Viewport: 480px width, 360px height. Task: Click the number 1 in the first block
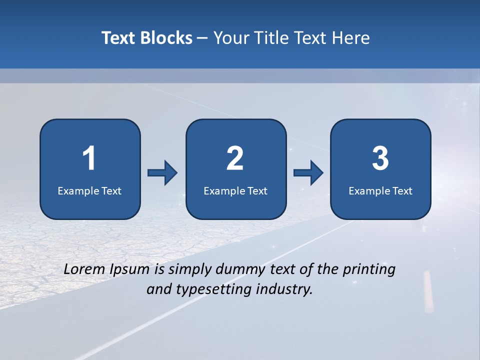coord(89,158)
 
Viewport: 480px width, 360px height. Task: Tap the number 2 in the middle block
coord(235,158)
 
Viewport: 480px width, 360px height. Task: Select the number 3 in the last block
coord(380,158)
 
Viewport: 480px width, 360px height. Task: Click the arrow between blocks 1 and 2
coord(162,173)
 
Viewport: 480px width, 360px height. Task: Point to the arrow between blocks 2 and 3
coord(308,173)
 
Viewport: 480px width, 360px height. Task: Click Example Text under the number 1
coord(89,190)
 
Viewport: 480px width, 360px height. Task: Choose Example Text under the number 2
coord(235,190)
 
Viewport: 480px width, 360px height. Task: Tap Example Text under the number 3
coord(380,190)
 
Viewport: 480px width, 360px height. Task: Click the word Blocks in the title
coord(166,38)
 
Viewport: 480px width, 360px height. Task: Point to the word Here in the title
coord(350,38)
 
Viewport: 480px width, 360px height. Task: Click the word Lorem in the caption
coord(84,269)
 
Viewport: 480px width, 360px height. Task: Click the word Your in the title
coord(231,38)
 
